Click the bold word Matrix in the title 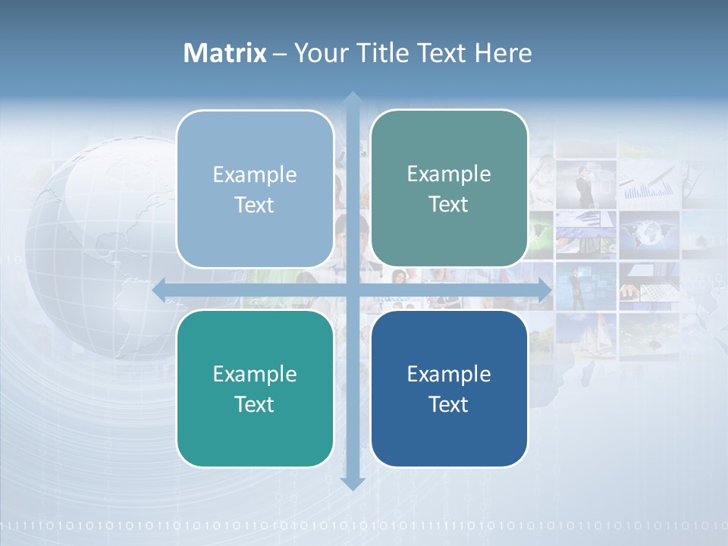click(225, 53)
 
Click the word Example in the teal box click(255, 374)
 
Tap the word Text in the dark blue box click(449, 404)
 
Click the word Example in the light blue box click(255, 174)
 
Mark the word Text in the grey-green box click(449, 205)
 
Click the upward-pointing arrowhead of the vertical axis click(352, 99)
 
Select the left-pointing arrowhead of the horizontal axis click(160, 290)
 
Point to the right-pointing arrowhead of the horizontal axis click(544, 290)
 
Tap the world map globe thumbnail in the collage click(648, 234)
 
